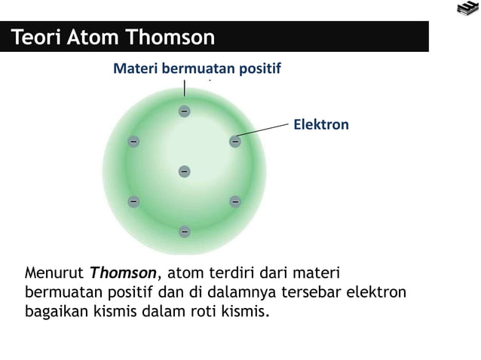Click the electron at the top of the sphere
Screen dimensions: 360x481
coord(184,111)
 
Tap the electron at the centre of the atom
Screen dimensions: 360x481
coord(184,172)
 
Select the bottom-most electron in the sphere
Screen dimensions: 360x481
coord(184,231)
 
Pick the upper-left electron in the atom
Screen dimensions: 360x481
coord(133,141)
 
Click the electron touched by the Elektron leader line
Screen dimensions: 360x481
coord(234,141)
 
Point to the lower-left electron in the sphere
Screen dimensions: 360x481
coord(133,201)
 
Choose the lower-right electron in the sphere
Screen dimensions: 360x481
coord(234,201)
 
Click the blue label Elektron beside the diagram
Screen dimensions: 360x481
coord(320,124)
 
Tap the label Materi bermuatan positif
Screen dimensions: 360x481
coord(196,69)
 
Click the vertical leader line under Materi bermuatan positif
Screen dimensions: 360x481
coord(184,90)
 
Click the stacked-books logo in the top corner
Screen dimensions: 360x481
coord(466,9)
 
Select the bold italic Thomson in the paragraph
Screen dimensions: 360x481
coord(124,272)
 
